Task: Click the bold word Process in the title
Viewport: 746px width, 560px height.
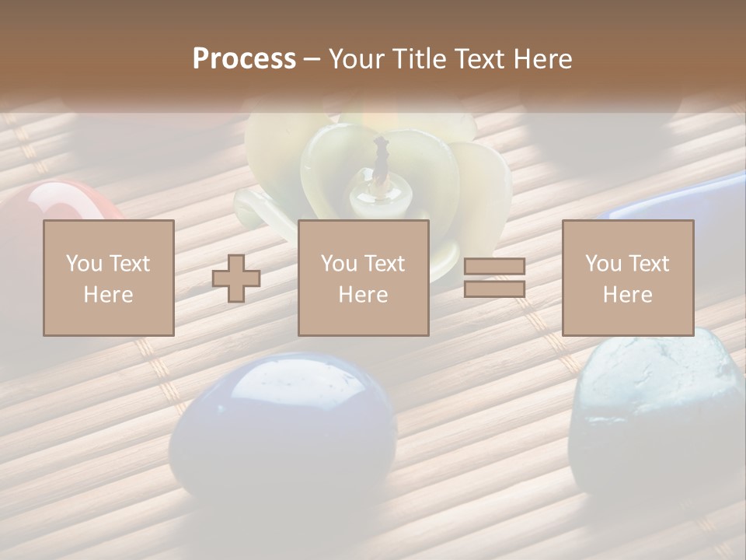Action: point(244,59)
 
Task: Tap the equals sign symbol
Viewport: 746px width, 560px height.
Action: point(494,278)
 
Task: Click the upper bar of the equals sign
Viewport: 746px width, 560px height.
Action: point(494,267)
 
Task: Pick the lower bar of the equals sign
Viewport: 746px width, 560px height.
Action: point(494,289)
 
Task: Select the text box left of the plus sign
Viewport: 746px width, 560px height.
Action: point(108,278)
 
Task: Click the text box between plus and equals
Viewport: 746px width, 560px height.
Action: point(363,278)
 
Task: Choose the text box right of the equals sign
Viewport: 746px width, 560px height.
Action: point(627,278)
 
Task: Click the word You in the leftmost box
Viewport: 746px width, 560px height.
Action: point(83,264)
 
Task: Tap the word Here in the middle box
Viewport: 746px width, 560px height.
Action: point(363,295)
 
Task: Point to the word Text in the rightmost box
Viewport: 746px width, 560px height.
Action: point(650,264)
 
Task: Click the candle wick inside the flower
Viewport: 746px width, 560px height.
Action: point(382,156)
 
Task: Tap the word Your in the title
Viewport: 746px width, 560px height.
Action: point(357,59)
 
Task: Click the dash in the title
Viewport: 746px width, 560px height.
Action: point(312,59)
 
